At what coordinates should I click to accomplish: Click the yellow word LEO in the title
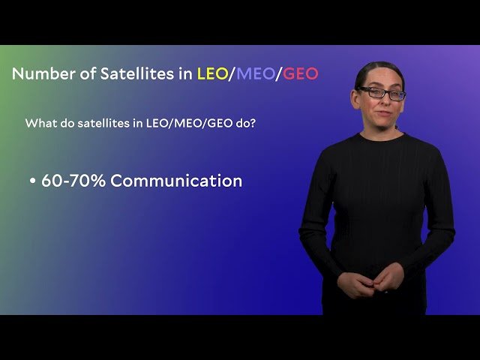pyautogui.click(x=212, y=73)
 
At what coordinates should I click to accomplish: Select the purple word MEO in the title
pyautogui.click(x=255, y=73)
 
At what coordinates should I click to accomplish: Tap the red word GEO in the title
pyautogui.click(x=300, y=73)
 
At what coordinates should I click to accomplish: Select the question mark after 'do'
pyautogui.click(x=253, y=122)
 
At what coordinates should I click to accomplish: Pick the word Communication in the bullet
pyautogui.click(x=176, y=181)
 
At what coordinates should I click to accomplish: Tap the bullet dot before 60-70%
pyautogui.click(x=33, y=181)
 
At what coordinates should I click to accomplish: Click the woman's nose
pyautogui.click(x=382, y=103)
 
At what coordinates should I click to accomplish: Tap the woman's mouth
pyautogui.click(x=381, y=114)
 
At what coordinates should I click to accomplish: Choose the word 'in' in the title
pyautogui.click(x=183, y=73)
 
